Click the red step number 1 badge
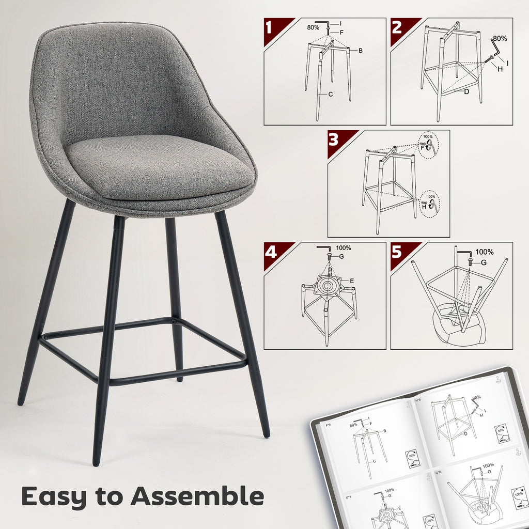pyautogui.click(x=271, y=27)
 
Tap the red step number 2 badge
pyautogui.click(x=397, y=27)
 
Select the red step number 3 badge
pyautogui.click(x=334, y=139)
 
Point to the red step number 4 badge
pyautogui.click(x=271, y=252)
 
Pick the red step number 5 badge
pyautogui.click(x=397, y=252)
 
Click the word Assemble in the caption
pyautogui.click(x=197, y=496)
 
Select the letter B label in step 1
pyautogui.click(x=360, y=50)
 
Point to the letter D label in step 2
pyautogui.click(x=466, y=92)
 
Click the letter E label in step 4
pyautogui.click(x=351, y=281)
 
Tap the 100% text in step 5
pyautogui.click(x=484, y=252)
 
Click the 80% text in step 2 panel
pyautogui.click(x=500, y=38)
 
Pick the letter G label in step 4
pyautogui.click(x=341, y=256)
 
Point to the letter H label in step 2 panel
pyautogui.click(x=500, y=69)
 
